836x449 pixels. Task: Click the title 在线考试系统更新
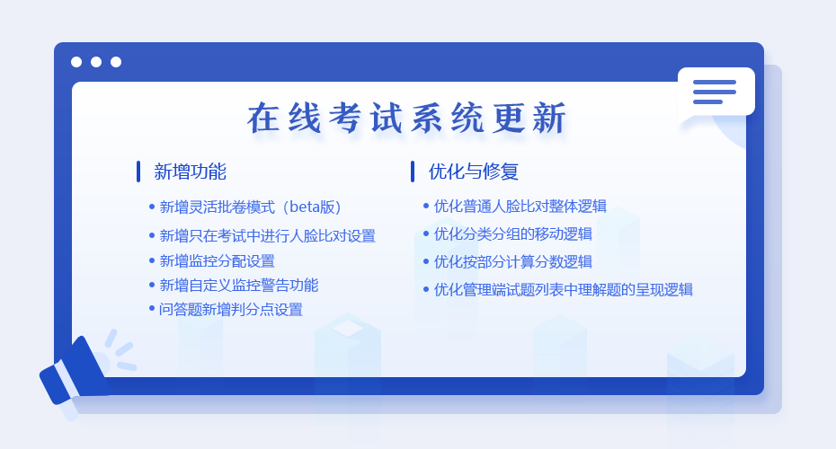pos(406,118)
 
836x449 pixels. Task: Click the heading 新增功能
pos(190,172)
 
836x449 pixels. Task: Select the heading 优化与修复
pos(474,172)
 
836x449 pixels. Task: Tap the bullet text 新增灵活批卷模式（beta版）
pos(250,207)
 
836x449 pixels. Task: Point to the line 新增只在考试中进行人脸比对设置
pos(267,235)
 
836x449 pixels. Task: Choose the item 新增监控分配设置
pos(217,261)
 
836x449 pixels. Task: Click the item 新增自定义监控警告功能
pos(239,286)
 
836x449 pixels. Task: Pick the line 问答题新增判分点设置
pos(231,310)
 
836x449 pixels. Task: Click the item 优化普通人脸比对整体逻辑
pos(520,207)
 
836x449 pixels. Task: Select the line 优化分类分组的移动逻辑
pos(513,233)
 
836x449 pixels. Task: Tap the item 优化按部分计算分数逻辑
pos(513,261)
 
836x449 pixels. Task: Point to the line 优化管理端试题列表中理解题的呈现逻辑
pos(563,290)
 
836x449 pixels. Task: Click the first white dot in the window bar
pos(76,62)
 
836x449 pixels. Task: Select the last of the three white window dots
pos(116,62)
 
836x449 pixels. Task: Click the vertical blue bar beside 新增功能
pos(138,172)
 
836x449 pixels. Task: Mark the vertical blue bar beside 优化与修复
pos(413,172)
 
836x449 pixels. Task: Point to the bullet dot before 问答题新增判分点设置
pos(151,308)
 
